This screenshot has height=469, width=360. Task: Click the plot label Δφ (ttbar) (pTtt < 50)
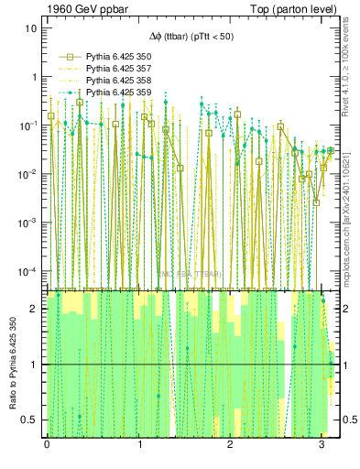pos(191,37)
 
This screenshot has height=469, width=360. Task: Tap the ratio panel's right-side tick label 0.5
pos(347,420)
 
